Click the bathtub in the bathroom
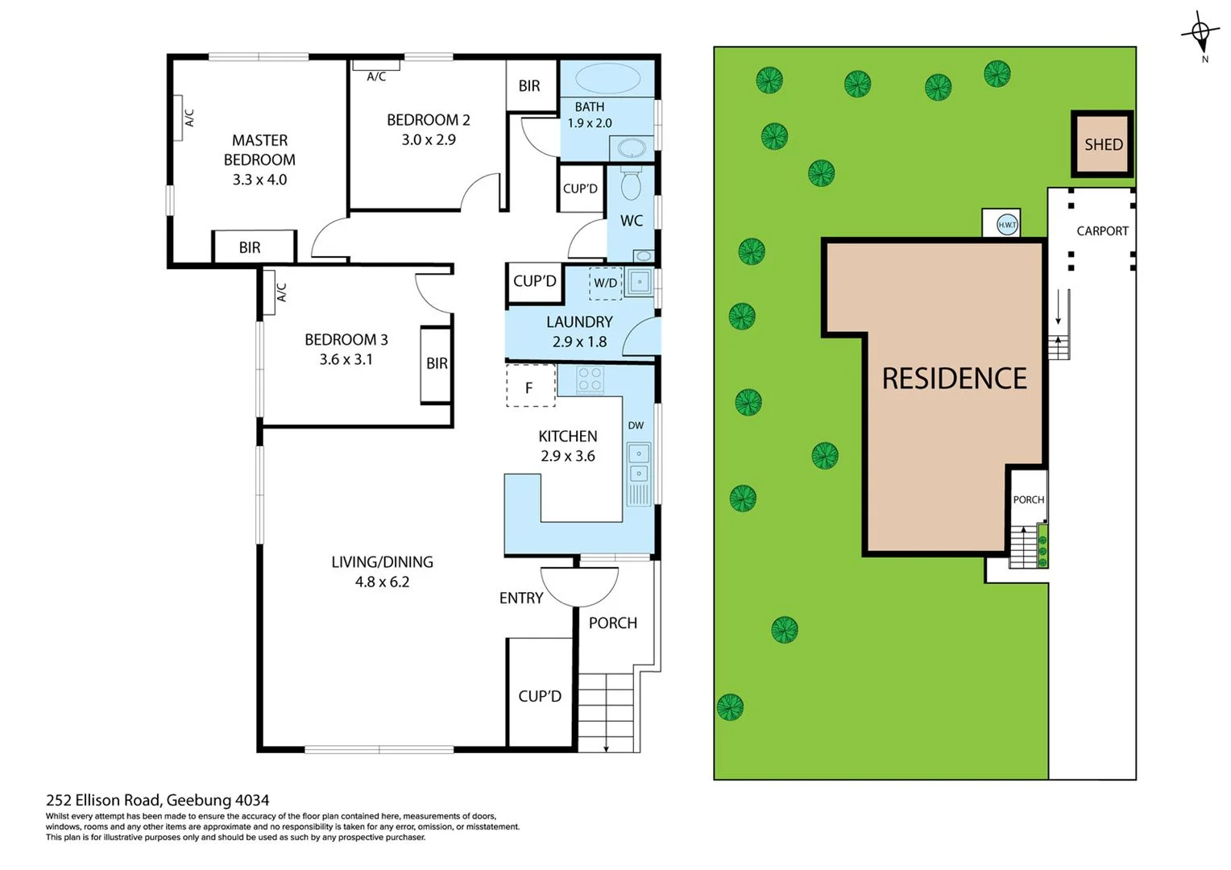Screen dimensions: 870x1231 click(608, 79)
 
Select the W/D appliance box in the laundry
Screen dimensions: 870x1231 click(606, 283)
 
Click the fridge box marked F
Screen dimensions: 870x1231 click(530, 387)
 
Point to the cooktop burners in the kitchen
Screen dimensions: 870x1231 click(591, 379)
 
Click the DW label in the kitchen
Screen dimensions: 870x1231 click(636, 425)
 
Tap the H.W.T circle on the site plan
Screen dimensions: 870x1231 click(1007, 225)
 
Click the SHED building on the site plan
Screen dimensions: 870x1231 click(1102, 144)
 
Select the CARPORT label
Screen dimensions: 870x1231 click(1102, 231)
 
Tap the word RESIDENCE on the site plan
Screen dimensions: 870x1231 click(954, 379)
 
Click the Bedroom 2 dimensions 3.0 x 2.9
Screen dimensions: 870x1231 click(429, 139)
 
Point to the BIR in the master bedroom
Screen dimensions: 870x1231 click(251, 247)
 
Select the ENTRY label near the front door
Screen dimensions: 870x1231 click(520, 598)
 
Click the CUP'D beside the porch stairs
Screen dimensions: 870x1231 click(540, 696)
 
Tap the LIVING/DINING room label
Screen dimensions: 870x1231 click(382, 561)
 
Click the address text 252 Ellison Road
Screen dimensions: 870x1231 click(157, 800)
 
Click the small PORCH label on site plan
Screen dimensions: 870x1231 click(1028, 499)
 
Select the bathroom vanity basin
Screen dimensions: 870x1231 click(631, 149)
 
